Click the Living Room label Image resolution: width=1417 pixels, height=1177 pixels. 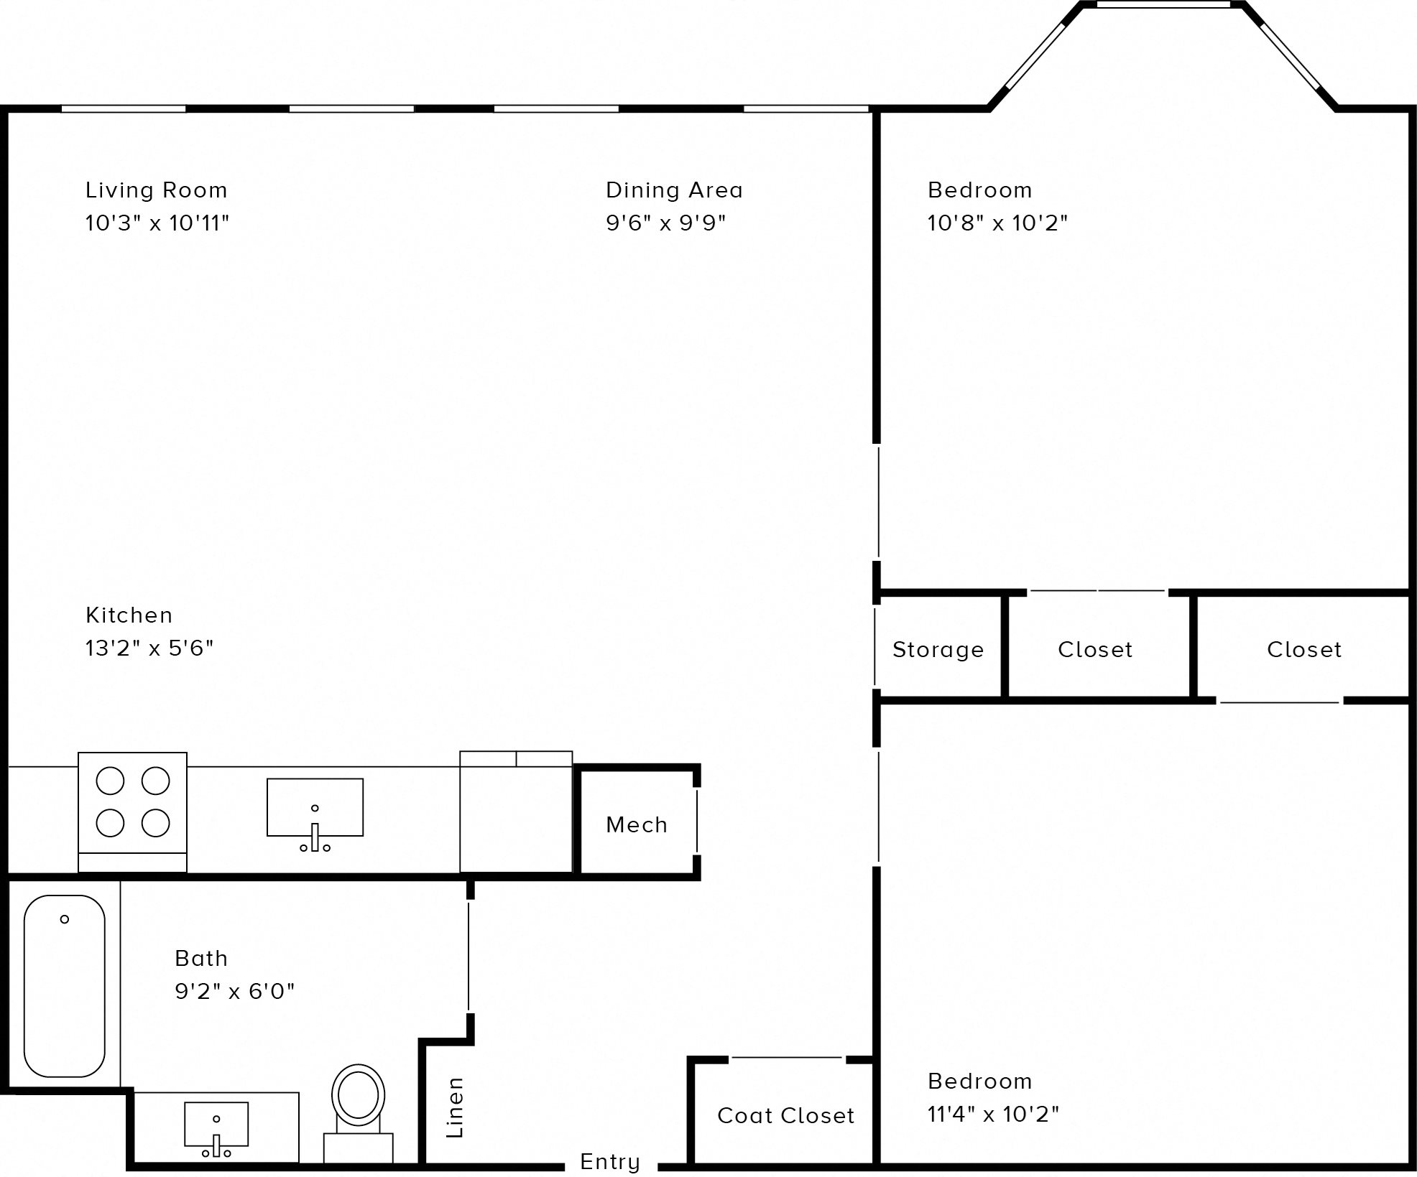156,190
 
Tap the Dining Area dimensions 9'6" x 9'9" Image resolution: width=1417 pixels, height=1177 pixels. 665,223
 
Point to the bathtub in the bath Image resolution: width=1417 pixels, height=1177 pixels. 64,985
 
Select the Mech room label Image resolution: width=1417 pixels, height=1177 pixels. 637,824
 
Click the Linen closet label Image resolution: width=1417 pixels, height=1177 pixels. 455,1107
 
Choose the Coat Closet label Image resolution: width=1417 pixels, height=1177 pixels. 785,1115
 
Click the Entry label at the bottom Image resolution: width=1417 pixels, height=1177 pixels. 609,1161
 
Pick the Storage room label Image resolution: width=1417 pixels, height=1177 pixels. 938,650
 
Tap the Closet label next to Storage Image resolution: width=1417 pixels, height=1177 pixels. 1095,650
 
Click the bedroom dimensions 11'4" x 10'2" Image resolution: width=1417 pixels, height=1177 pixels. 993,1114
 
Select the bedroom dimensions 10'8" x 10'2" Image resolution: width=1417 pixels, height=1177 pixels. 997,223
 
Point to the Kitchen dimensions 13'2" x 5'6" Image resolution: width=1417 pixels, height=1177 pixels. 149,648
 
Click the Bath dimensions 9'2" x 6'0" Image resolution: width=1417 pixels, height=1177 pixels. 234,991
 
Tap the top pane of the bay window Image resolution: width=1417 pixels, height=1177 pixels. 1163,4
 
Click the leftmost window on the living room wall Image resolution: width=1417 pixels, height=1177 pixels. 123,109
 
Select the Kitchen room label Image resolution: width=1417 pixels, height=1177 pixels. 129,615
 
